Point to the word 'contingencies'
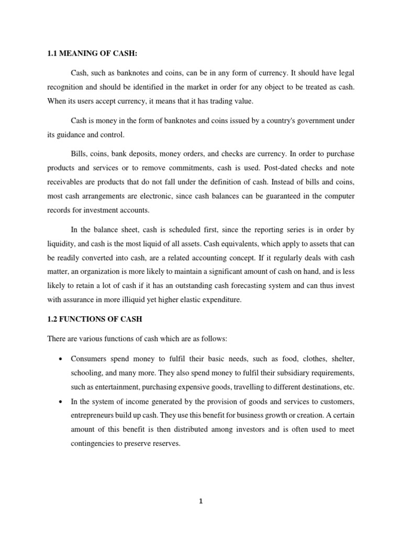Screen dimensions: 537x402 96,443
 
